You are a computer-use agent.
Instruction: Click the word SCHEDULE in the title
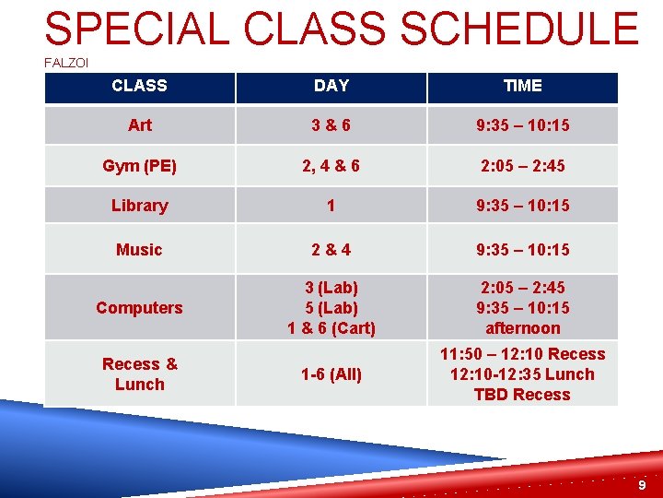pos(520,29)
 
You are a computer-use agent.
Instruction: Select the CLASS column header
pos(139,86)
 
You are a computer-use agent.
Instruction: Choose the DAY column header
pos(331,86)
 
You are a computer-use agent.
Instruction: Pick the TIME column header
pos(522,86)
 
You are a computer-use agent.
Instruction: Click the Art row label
pos(140,125)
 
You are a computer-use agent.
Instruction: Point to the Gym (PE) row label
pos(140,166)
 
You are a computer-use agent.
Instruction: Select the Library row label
pos(140,206)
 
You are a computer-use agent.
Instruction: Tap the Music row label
pos(140,250)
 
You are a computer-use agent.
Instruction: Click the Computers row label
pos(140,308)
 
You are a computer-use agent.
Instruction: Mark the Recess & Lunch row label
pos(140,374)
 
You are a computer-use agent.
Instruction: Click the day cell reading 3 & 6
pos(331,125)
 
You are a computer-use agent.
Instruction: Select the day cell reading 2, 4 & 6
pos(331,166)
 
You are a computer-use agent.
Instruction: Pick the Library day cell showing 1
pos(331,206)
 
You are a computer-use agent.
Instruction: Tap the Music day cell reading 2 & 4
pos(331,250)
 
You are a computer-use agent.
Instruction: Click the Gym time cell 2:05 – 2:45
pos(522,166)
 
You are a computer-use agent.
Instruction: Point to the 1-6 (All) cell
pos(331,374)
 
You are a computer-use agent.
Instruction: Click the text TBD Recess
pos(522,395)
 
